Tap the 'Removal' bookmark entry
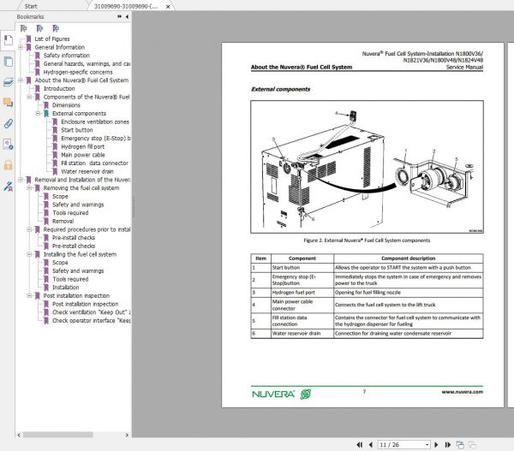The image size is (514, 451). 63,221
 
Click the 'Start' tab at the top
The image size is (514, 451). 31,6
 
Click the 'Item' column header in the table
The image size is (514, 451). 260,258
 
